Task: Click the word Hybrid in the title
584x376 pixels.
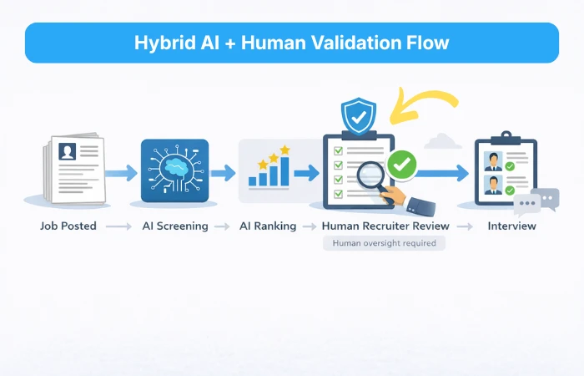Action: click(x=160, y=43)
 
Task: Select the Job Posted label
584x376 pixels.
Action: click(x=68, y=226)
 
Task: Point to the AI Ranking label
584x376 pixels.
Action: click(x=267, y=226)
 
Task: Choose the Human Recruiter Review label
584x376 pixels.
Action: click(x=385, y=226)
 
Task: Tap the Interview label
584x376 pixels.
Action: click(x=511, y=226)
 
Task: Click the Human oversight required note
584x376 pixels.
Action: click(x=385, y=243)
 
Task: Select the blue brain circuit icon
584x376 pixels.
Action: click(x=174, y=170)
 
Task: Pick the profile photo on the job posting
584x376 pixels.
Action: click(x=67, y=151)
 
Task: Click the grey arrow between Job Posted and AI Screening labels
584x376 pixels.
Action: click(x=118, y=226)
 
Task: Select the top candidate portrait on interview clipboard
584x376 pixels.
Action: click(x=493, y=160)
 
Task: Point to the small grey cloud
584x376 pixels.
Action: click(x=442, y=140)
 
